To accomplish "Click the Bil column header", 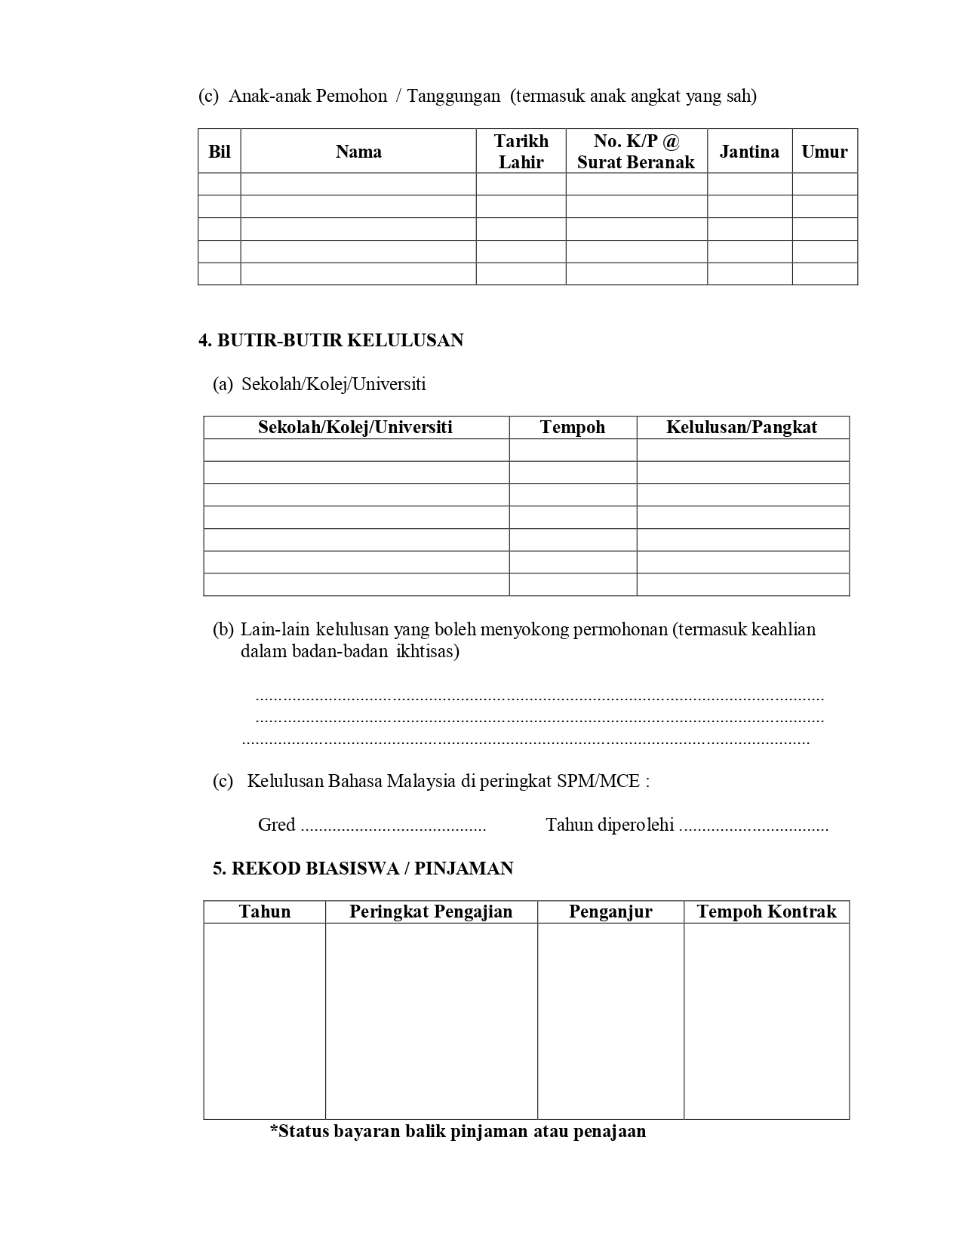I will [x=219, y=152].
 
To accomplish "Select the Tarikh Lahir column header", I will [x=521, y=152].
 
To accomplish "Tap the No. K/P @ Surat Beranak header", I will [x=636, y=152].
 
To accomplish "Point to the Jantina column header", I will [x=749, y=152].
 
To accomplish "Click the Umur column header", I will [x=824, y=152].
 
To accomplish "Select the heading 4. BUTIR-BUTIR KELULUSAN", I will [x=330, y=340].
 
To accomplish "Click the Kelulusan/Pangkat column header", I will [x=742, y=427].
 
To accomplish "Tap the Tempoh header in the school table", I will [x=573, y=427].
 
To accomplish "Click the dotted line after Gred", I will [x=393, y=826].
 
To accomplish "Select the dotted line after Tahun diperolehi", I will [x=753, y=826].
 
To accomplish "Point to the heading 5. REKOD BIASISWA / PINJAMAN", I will [x=363, y=868].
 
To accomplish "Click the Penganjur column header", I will [x=610, y=911].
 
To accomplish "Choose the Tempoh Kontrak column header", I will [x=767, y=911].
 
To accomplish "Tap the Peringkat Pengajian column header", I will [x=431, y=911].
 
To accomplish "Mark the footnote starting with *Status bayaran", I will [x=458, y=1131].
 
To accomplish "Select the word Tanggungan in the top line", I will [x=453, y=96].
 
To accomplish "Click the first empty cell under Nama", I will [x=358, y=184].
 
